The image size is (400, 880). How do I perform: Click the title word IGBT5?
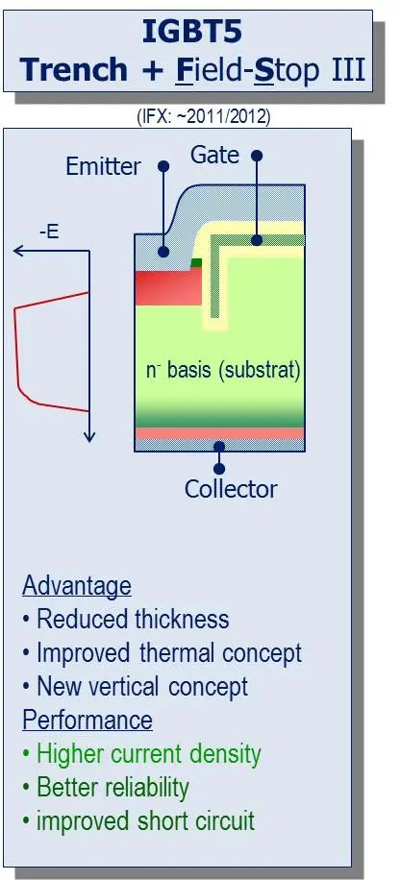pos(192,33)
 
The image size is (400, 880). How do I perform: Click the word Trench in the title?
pos(74,69)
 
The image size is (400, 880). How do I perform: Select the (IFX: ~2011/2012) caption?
pos(204,117)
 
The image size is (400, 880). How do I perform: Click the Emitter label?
pos(103,167)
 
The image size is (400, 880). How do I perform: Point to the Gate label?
pos(214,155)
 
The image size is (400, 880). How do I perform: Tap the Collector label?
pos(231,489)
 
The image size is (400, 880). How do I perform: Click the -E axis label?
pos(49,232)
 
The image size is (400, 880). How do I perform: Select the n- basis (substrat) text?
pos(224,372)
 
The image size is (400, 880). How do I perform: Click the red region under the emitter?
pos(168,287)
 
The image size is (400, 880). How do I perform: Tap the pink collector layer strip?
pos(219,432)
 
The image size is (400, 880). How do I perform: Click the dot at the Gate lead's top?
pos(257,156)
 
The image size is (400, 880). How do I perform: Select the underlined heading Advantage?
pos(77,586)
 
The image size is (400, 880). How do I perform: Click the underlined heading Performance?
pos(87,721)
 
